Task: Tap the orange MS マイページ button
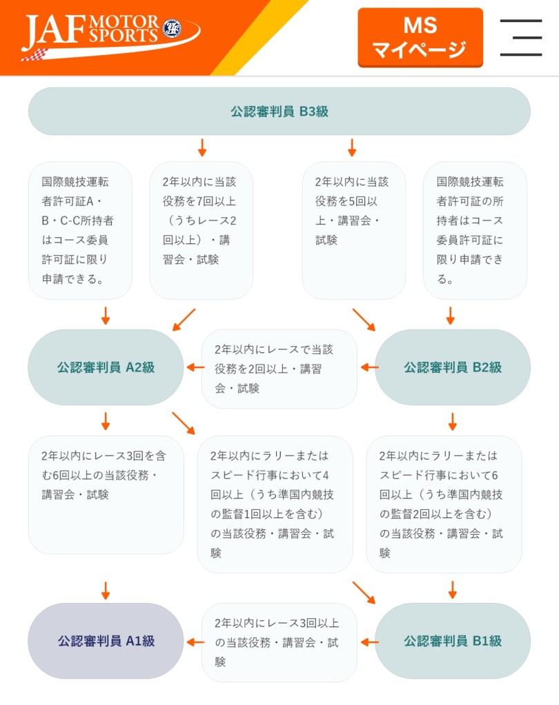coord(420,37)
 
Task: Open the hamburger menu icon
coord(520,37)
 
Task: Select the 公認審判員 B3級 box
coord(279,111)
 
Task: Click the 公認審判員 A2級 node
coord(106,367)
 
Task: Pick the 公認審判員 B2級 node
coord(452,367)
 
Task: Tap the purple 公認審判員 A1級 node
coord(106,641)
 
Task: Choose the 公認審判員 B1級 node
coord(452,641)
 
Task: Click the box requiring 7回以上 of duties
coord(201,230)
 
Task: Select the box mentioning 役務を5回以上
coord(353,230)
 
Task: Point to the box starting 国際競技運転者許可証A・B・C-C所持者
coord(80,230)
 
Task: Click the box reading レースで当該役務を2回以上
coord(279,369)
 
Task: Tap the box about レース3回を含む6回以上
coord(106,494)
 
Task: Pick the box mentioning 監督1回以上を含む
coord(275,504)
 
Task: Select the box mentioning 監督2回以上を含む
coord(444,504)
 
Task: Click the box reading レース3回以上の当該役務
coord(279,642)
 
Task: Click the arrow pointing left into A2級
coord(195,367)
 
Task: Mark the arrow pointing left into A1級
coord(195,642)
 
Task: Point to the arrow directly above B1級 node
coord(453,590)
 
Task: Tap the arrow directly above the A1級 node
coord(106,590)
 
